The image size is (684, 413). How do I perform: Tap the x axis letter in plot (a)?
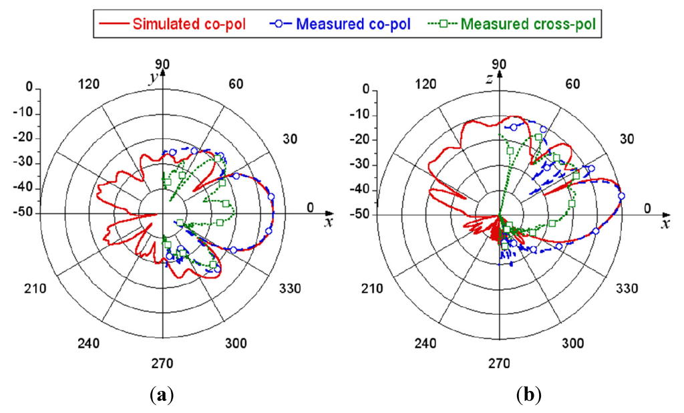click(327, 223)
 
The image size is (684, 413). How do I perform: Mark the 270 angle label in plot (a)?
click(162, 364)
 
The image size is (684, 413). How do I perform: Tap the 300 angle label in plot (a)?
click(236, 343)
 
